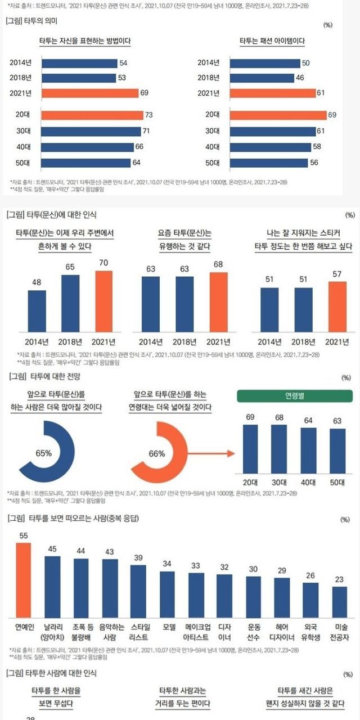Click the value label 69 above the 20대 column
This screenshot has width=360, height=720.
click(251, 416)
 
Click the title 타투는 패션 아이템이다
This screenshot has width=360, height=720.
click(272, 41)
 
